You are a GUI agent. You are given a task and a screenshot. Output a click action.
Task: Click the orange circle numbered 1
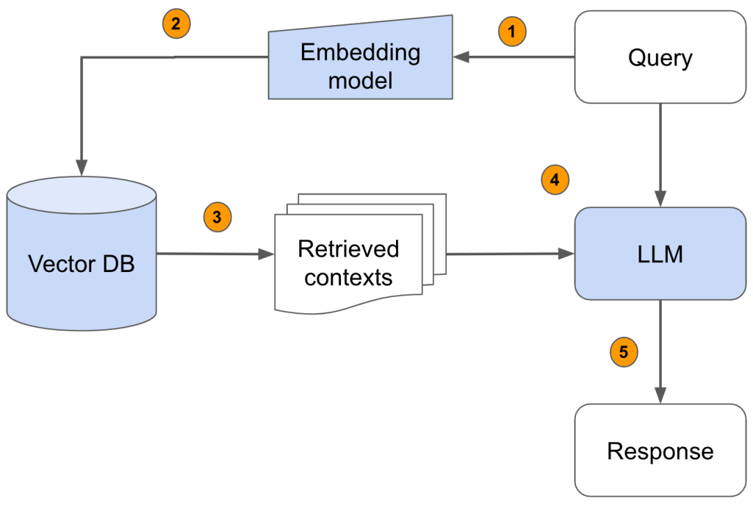(512, 31)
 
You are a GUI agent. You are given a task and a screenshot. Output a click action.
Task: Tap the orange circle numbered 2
(176, 24)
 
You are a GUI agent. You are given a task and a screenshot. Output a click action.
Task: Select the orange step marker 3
(217, 217)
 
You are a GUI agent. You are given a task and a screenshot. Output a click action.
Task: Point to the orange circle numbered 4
(555, 180)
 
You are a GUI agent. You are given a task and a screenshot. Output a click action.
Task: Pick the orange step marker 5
(623, 352)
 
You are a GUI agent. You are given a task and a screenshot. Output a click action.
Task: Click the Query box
(660, 57)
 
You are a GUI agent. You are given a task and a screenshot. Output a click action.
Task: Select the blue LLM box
(660, 254)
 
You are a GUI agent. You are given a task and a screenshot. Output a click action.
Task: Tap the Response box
(660, 451)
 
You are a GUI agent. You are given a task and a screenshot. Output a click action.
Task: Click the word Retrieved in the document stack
(348, 248)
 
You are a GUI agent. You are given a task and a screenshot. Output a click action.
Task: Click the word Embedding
(360, 52)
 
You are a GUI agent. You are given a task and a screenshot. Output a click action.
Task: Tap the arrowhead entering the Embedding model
(460, 57)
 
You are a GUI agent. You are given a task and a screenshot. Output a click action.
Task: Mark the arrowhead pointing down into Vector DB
(82, 167)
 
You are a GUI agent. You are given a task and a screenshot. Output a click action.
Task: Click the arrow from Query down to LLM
(660, 153)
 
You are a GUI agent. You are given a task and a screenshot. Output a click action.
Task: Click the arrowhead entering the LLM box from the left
(565, 255)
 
